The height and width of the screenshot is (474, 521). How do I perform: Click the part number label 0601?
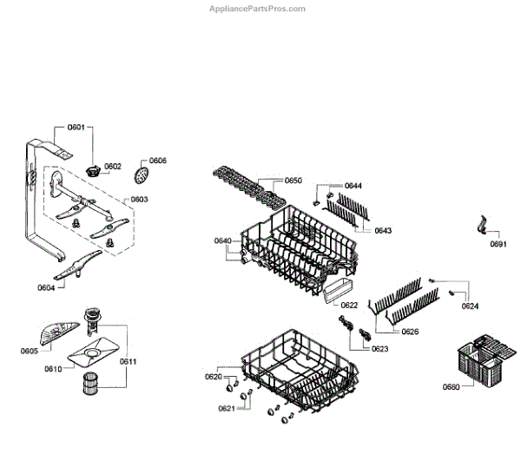[76, 128]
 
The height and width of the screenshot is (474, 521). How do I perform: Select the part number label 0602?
[113, 166]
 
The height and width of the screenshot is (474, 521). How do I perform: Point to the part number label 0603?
[139, 199]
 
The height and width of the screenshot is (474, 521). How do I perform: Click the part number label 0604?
[47, 287]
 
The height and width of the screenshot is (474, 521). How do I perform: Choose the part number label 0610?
[53, 368]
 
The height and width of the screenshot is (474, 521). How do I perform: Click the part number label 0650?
[293, 181]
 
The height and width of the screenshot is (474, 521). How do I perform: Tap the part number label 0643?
[383, 231]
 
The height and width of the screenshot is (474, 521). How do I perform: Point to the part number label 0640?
[223, 240]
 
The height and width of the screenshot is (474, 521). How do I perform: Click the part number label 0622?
[349, 305]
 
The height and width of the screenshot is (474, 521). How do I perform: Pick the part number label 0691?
[498, 246]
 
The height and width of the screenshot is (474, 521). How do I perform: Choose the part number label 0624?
[470, 306]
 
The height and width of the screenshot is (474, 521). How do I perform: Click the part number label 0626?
[410, 331]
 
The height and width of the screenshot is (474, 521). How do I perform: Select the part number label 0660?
[450, 386]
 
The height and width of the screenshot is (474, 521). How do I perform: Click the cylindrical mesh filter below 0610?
[92, 383]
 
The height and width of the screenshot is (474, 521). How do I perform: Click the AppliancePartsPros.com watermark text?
[258, 9]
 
